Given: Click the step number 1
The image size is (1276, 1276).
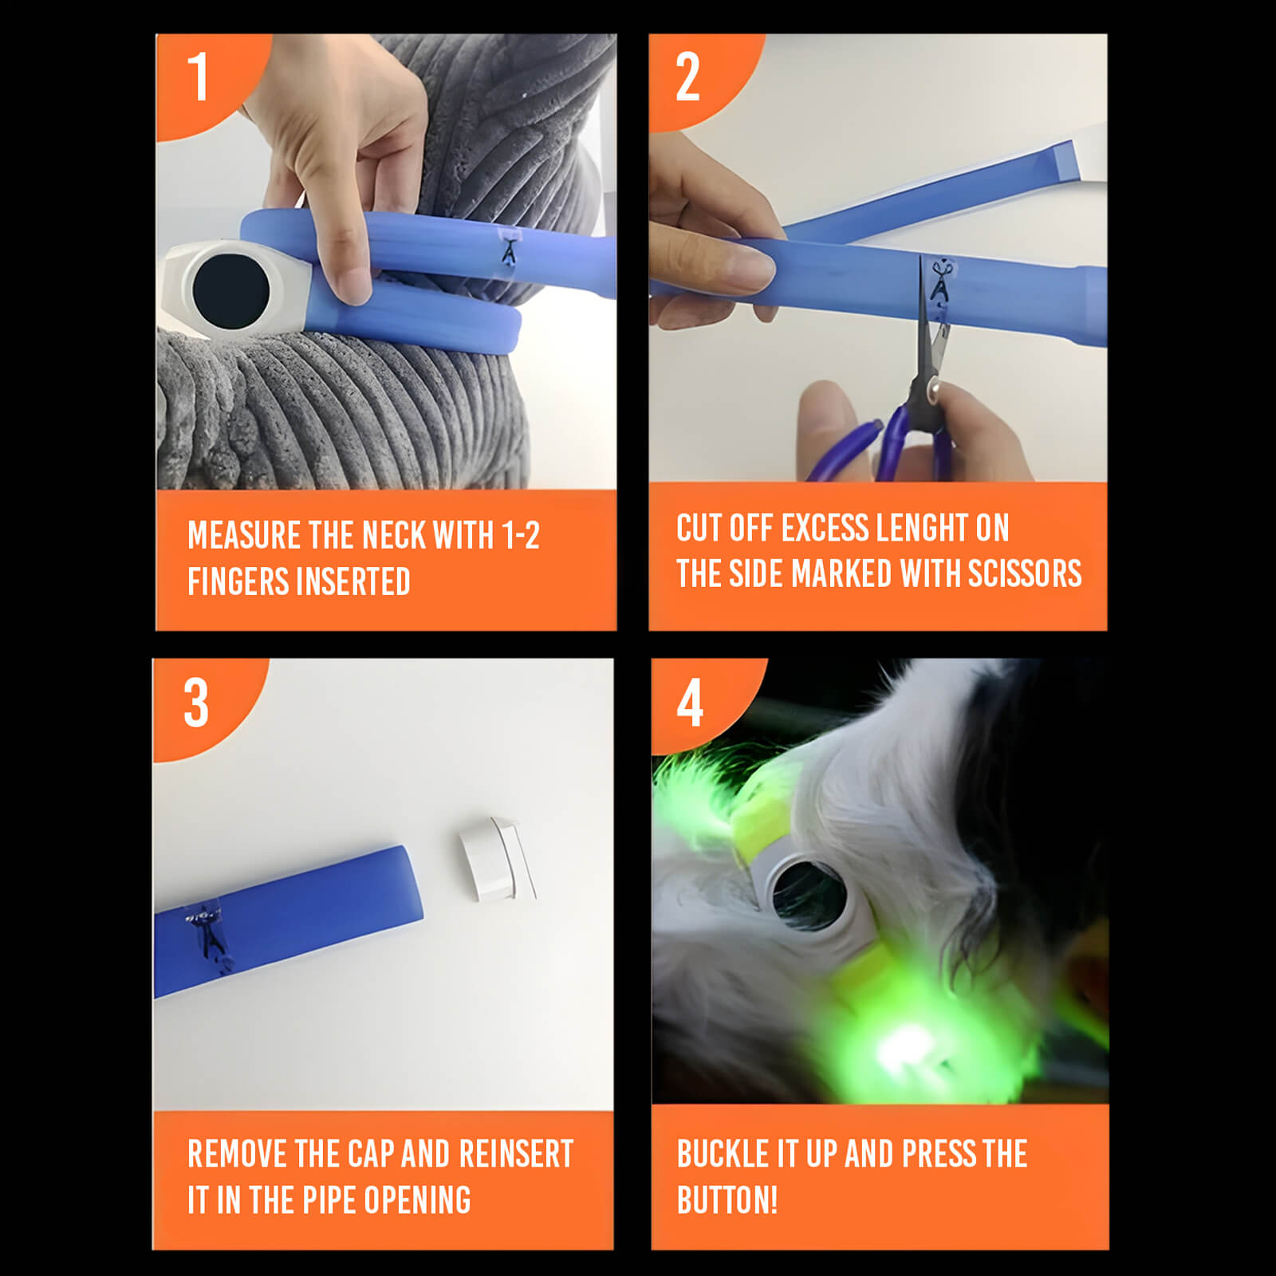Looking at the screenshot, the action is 199,77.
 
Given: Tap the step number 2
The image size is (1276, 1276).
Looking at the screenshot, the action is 687,77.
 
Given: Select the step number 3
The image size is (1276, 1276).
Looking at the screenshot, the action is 196,703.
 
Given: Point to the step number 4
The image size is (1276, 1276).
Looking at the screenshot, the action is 690,703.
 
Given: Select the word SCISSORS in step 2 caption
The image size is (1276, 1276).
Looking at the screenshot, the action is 1025,573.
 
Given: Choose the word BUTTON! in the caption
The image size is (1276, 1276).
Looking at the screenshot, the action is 727,1200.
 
